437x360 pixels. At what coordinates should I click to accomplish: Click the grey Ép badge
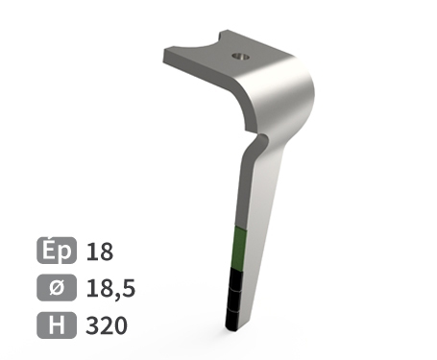pos(57,252)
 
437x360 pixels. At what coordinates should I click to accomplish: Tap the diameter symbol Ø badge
pos(57,288)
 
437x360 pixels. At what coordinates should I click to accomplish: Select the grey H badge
pos(57,324)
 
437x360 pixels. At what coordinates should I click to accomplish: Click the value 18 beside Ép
pos(100,252)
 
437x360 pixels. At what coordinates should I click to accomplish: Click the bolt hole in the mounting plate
pos(240,57)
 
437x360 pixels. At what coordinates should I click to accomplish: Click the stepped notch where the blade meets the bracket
pos(257,141)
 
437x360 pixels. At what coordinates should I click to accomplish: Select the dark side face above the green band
pos(243,192)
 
